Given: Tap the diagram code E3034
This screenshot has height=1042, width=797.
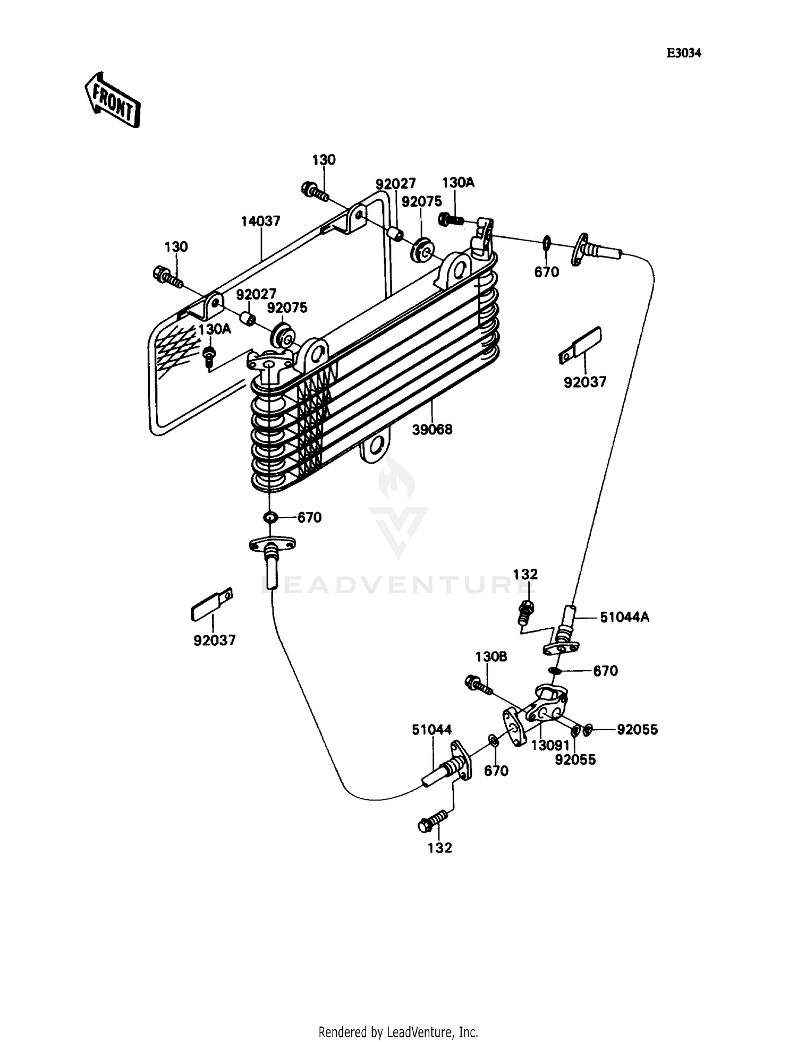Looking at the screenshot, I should (684, 53).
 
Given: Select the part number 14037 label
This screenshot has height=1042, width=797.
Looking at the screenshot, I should (260, 221).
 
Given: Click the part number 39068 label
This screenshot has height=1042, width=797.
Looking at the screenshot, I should (432, 430).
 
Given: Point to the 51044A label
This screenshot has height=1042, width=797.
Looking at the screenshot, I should (624, 617).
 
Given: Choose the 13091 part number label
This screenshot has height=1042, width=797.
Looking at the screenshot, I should (550, 746).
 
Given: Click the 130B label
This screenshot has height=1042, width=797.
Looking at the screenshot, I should (491, 657).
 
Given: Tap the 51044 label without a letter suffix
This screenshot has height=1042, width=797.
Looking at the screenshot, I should (431, 730).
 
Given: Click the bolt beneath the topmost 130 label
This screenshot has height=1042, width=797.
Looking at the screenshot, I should (315, 191).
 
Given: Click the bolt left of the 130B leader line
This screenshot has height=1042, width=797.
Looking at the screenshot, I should (478, 684).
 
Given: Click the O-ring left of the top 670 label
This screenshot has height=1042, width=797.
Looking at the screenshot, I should (546, 243).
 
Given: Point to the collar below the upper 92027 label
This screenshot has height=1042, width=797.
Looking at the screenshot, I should (396, 233).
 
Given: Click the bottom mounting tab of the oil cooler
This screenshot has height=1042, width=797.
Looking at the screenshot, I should (377, 447).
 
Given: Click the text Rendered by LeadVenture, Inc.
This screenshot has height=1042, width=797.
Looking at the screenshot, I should (398, 1032).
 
